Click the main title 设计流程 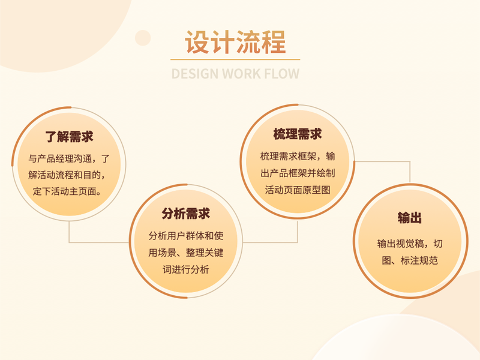pos(235,43)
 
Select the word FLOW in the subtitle pos(280,74)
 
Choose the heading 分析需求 pos(186,214)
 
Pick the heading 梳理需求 pos(298,134)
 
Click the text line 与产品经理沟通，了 pos(70,160)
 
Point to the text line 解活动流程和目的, pos(70,176)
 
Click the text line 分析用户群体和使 pos(186,236)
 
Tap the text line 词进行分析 pos(186,269)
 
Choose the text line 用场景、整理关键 pos(186,253)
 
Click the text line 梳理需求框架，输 pos(298,157)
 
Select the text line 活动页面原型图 pos(298,190)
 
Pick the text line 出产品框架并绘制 pos(298,173)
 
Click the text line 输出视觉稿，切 pos(410,243)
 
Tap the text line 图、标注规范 pos(410,260)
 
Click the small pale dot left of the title pos(143,38)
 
